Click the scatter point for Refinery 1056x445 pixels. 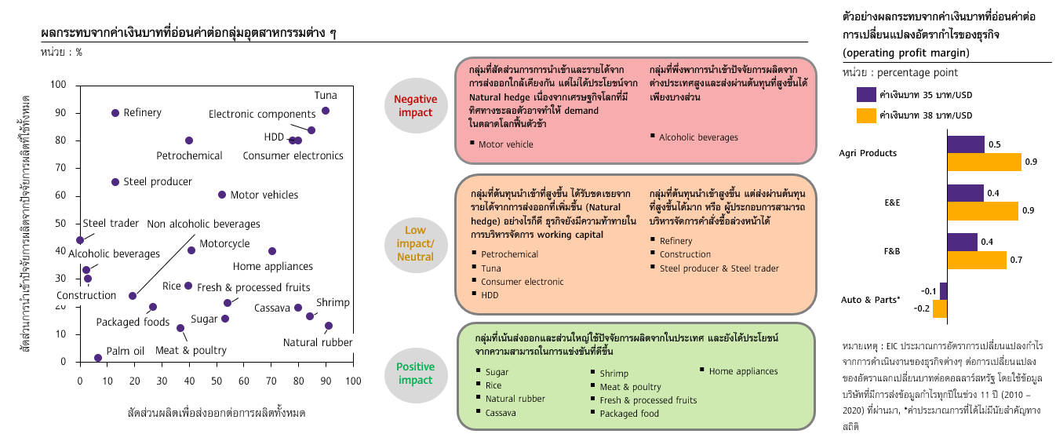pos(115,113)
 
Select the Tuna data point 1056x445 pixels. pos(326,111)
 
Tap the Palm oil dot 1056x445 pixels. pos(97,358)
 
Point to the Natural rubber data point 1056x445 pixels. pos(329,326)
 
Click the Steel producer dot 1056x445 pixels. pos(115,182)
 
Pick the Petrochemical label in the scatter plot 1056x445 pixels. pos(189,155)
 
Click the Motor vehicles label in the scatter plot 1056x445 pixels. pos(264,195)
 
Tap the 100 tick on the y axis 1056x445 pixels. pos(59,85)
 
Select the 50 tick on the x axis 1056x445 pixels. pos(217,381)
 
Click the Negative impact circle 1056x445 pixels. pos(415,106)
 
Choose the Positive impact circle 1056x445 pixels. pos(415,374)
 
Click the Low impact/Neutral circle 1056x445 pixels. pos(415,244)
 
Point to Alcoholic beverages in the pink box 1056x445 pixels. pos(698,137)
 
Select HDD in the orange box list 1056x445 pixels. pos(490,295)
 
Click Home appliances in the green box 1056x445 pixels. pos(743,371)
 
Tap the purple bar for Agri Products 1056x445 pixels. pos(966,144)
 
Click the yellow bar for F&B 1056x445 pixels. pos(977,260)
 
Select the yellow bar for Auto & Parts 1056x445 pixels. pos(940,308)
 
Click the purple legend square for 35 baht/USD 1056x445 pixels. pos(866,94)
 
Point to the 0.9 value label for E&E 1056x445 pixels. pos(1029,210)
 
